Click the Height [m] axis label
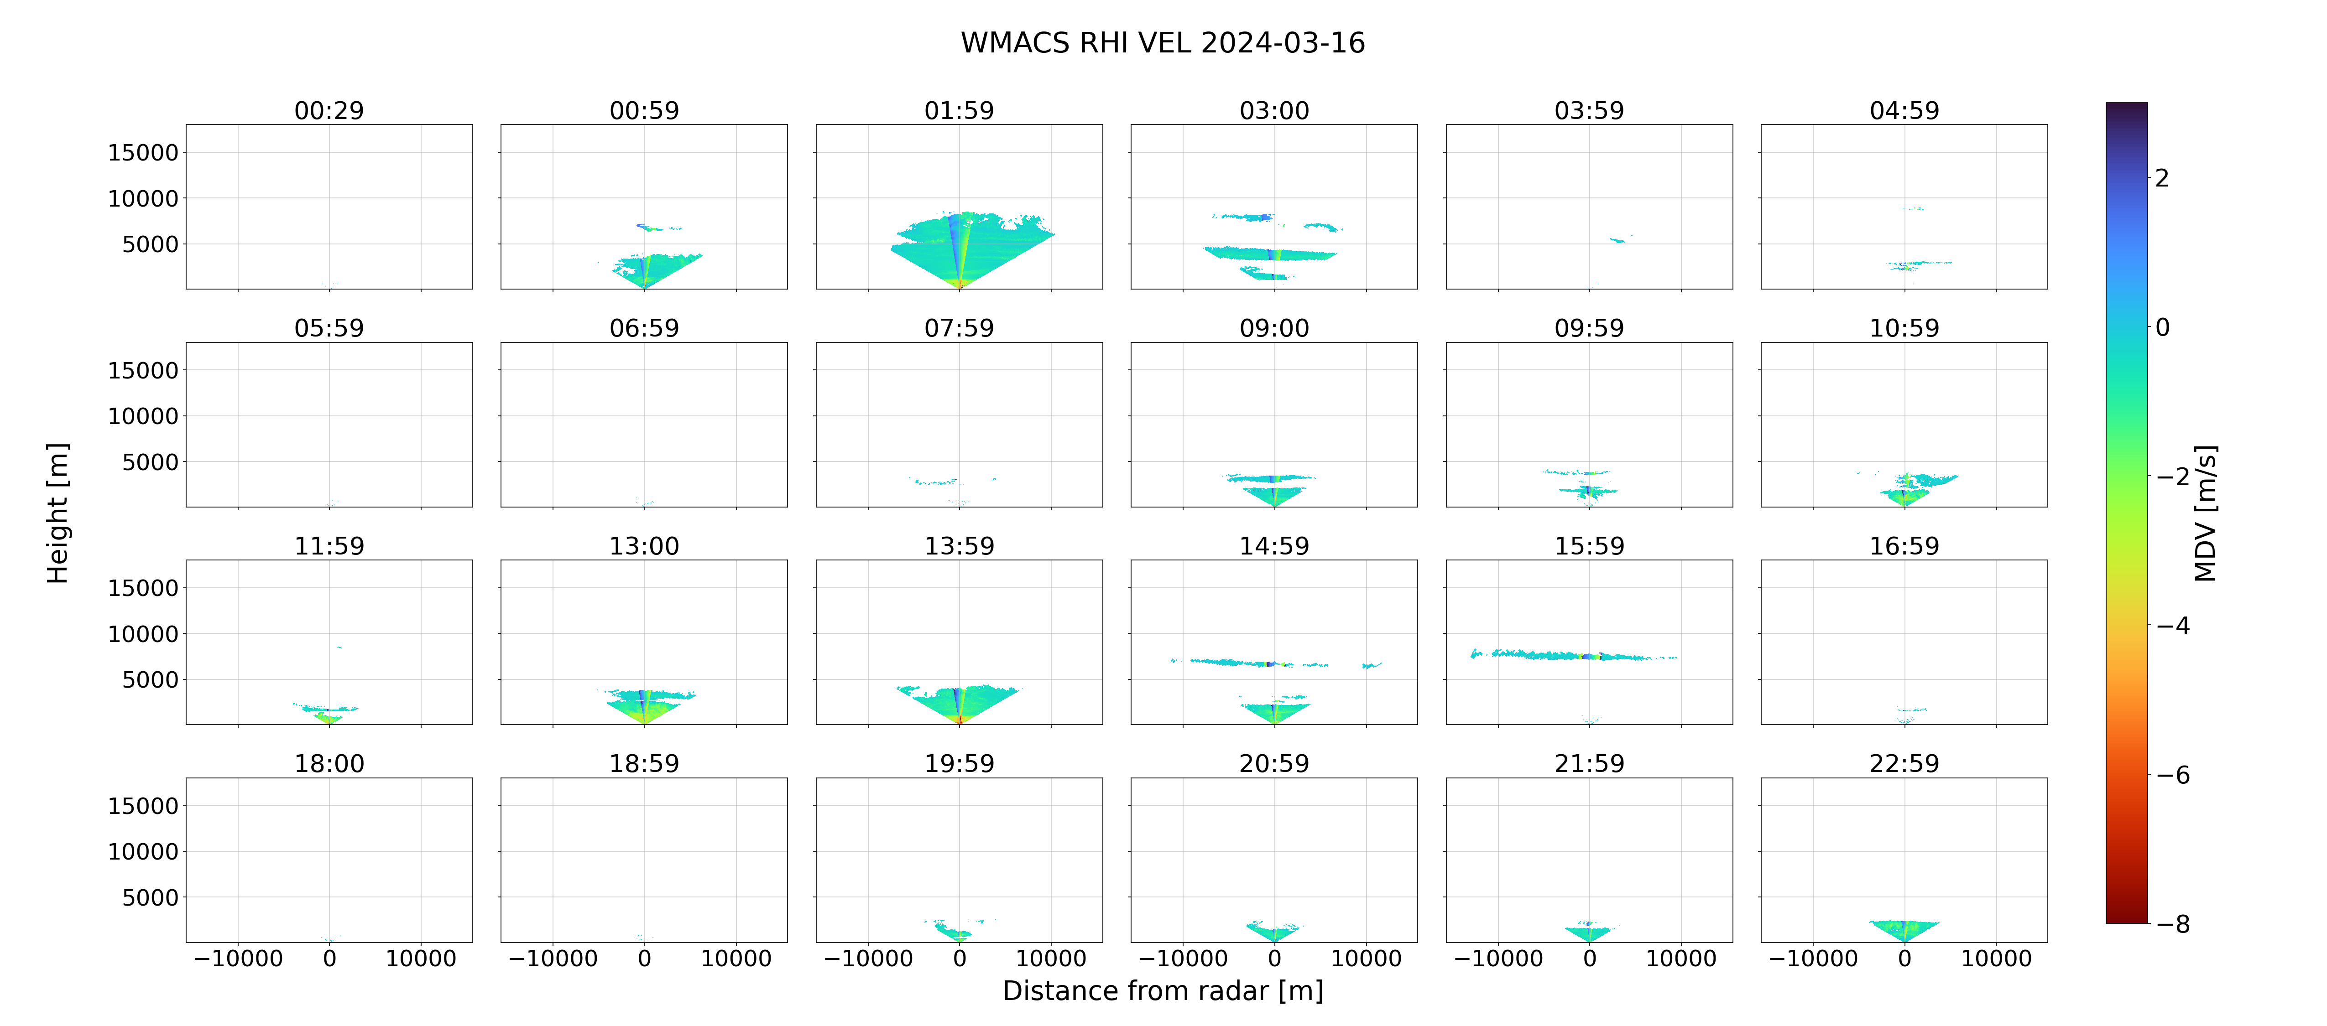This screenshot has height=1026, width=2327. click(x=57, y=513)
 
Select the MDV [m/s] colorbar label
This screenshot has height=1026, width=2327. click(x=2205, y=513)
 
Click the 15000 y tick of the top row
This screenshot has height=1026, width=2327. click(x=143, y=153)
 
